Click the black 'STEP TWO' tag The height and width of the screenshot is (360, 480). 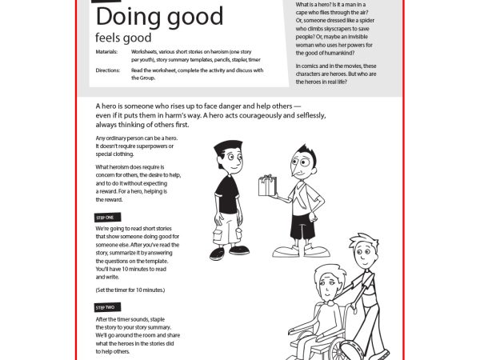tap(105, 307)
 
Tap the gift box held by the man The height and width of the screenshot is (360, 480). tap(266, 186)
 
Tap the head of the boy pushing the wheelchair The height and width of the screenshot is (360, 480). tap(360, 252)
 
